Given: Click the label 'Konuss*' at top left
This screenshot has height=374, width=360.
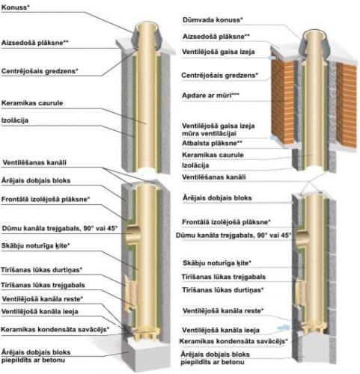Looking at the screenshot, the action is [15, 7].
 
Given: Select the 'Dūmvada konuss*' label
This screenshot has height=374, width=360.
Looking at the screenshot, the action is [213, 19].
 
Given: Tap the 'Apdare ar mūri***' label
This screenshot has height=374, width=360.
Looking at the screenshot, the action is [210, 95].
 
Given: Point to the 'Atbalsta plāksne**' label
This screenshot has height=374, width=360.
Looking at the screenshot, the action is [212, 143].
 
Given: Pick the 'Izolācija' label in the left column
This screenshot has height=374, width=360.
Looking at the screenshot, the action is [15, 120].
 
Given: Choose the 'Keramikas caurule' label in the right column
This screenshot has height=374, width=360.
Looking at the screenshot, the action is [213, 155].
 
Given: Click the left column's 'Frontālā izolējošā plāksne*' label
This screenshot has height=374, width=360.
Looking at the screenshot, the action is [46, 199].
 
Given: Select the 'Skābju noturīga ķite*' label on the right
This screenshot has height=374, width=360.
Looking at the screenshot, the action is [217, 263].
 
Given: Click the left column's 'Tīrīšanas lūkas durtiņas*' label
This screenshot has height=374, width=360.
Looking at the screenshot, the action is [42, 270].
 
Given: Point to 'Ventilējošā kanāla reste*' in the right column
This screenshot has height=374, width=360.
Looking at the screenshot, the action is [223, 310].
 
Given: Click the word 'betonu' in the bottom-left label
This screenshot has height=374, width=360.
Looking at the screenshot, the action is [54, 360].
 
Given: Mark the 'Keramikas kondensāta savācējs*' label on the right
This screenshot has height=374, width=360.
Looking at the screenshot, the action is [234, 341].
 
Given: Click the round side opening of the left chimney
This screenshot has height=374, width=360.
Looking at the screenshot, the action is [132, 233].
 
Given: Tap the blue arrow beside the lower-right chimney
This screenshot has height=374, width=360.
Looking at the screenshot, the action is [283, 328].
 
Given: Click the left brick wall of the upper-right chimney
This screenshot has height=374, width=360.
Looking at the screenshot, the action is [282, 102].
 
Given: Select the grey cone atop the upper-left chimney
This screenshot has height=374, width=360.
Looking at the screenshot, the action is [147, 37].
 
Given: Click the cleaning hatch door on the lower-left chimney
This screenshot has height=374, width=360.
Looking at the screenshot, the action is [129, 292].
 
